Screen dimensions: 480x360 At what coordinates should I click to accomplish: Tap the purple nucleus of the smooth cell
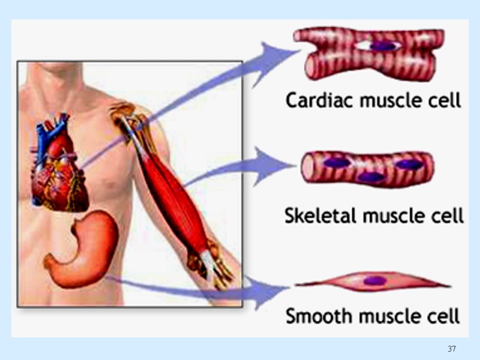pos(376,280)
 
